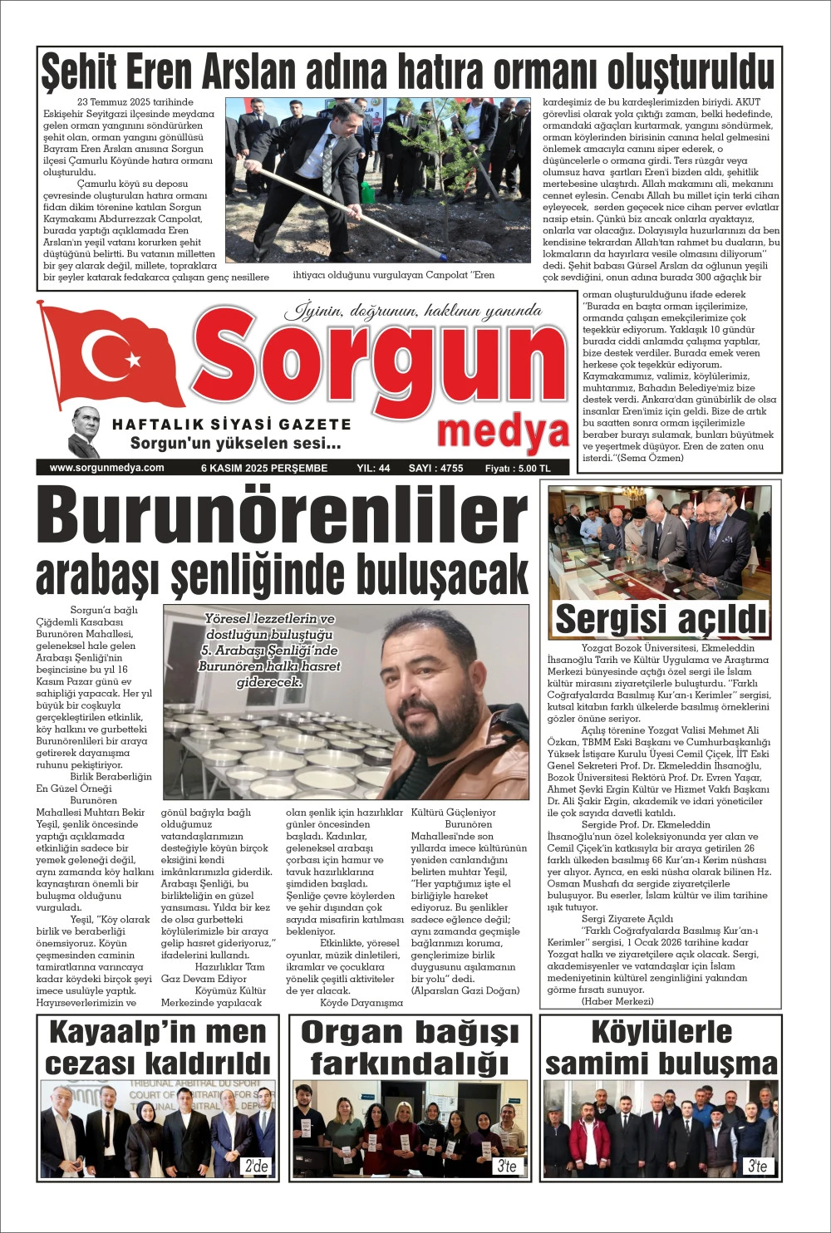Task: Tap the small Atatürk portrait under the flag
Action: pyautogui.click(x=85, y=431)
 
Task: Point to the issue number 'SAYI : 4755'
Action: pyautogui.click(x=435, y=469)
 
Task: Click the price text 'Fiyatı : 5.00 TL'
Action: pyautogui.click(x=518, y=469)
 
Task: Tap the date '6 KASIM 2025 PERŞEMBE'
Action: pyautogui.click(x=264, y=469)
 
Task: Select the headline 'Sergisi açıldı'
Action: pyautogui.click(x=661, y=619)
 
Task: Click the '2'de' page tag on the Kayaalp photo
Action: pyautogui.click(x=256, y=1166)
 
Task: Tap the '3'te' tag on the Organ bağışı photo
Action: pyautogui.click(x=507, y=1166)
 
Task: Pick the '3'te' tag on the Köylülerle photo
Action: pyautogui.click(x=757, y=1166)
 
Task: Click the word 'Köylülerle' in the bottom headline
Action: pyautogui.click(x=661, y=1032)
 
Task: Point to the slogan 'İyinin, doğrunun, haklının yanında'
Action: pyautogui.click(x=413, y=312)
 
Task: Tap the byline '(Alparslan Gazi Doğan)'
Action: pyautogui.click(x=465, y=990)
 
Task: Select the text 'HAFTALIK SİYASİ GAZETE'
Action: pyautogui.click(x=232, y=425)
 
